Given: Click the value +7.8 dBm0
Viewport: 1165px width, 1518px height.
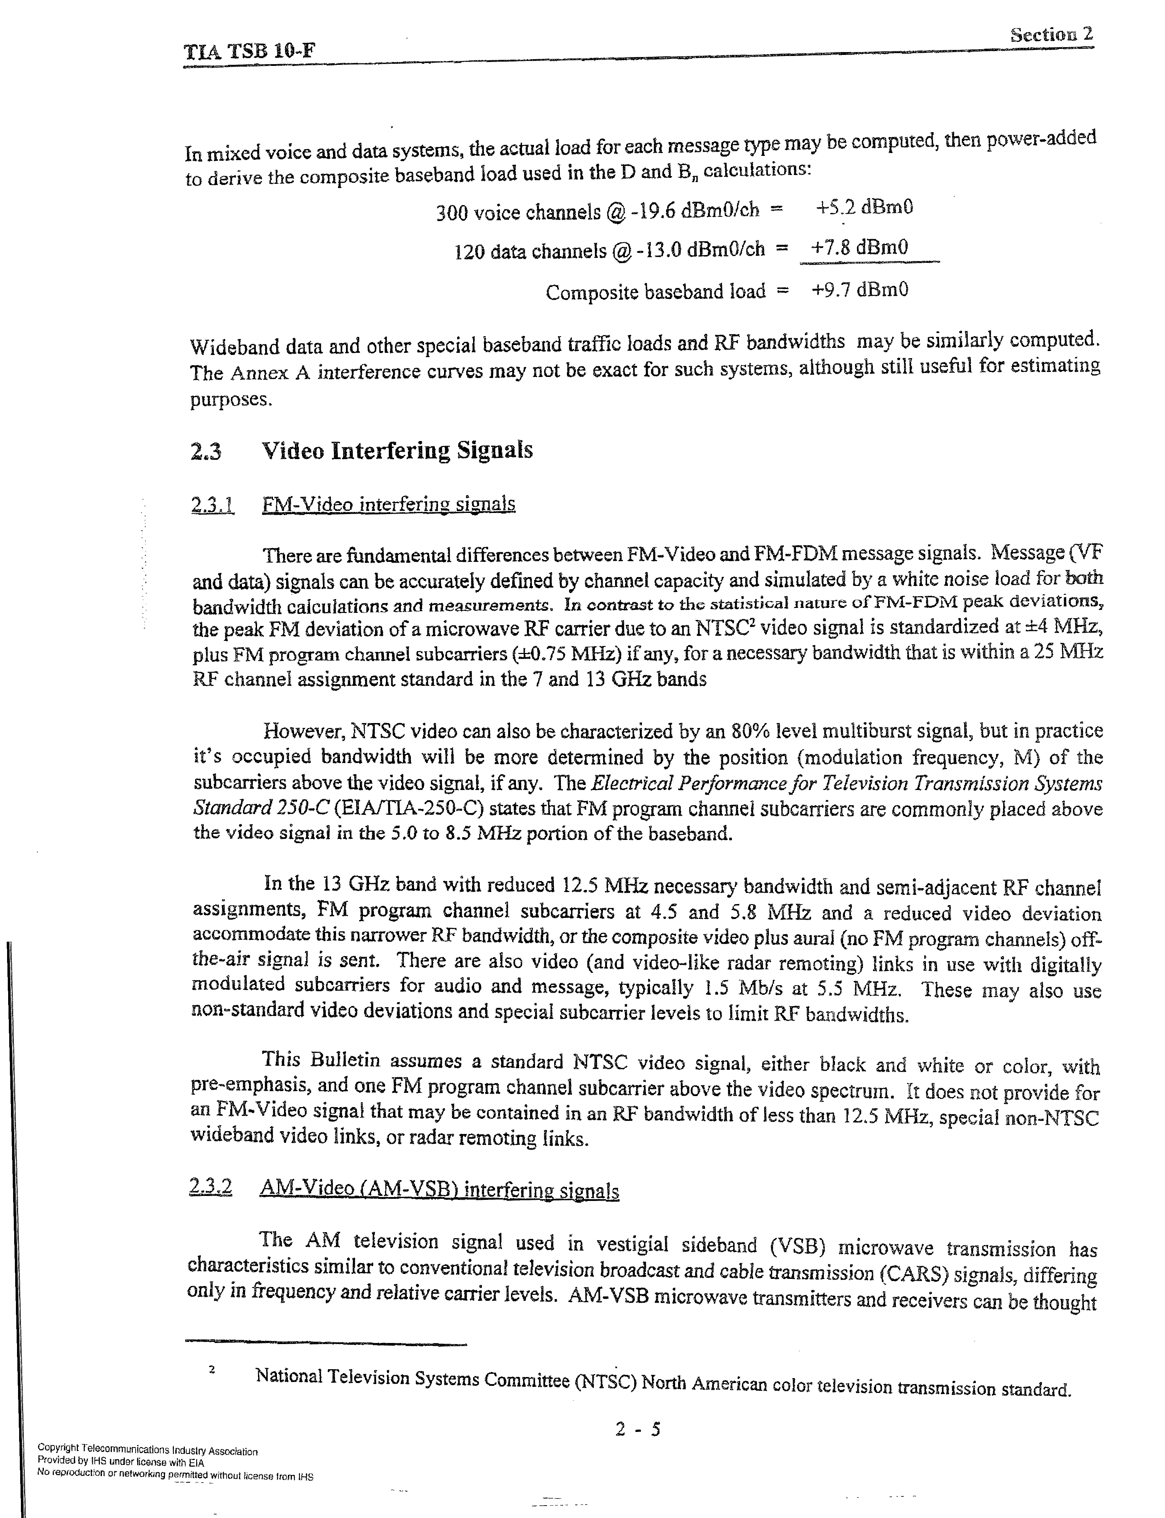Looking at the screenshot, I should tap(860, 247).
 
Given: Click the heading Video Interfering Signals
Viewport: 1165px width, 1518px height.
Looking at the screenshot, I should tap(397, 451).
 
